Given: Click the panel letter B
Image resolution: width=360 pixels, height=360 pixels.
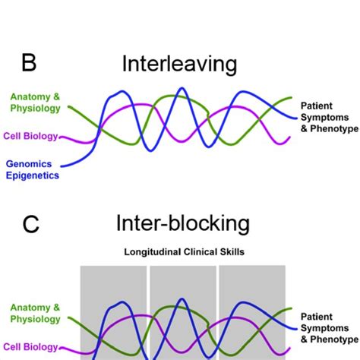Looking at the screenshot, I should tap(29, 63).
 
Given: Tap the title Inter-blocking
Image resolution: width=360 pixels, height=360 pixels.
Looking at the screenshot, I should tap(182, 223).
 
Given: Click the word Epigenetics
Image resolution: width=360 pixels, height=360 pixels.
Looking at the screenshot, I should tap(32, 175).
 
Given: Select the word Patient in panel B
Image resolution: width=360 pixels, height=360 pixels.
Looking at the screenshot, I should tap(318, 106).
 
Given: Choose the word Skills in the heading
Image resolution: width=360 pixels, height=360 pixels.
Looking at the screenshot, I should tap(229, 251).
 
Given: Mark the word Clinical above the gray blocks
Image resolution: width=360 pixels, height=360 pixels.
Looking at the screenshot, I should tap(195, 251).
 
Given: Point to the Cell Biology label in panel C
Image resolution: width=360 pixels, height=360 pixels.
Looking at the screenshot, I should tap(30, 348).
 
